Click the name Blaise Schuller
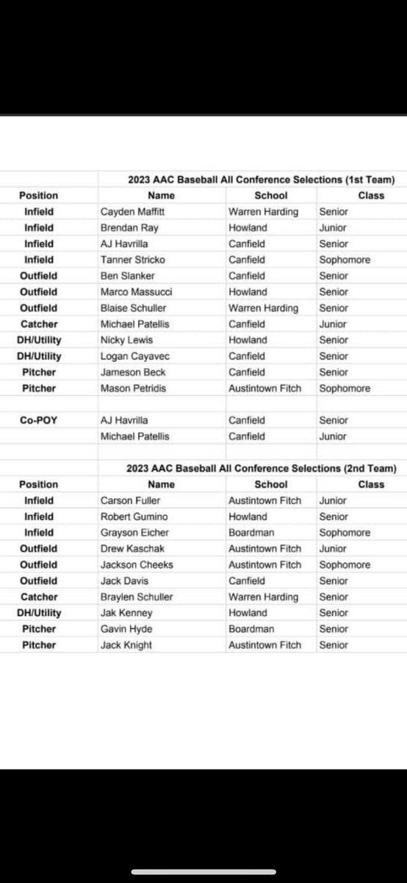pos(133,308)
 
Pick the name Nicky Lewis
pos(122,340)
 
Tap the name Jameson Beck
pos(129,372)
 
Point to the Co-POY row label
pos(38,420)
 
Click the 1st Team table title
pos(261,180)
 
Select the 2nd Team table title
pos(261,468)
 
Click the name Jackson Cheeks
pos(132,565)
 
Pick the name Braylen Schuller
pos(136,597)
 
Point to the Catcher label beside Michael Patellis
pos(39,324)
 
